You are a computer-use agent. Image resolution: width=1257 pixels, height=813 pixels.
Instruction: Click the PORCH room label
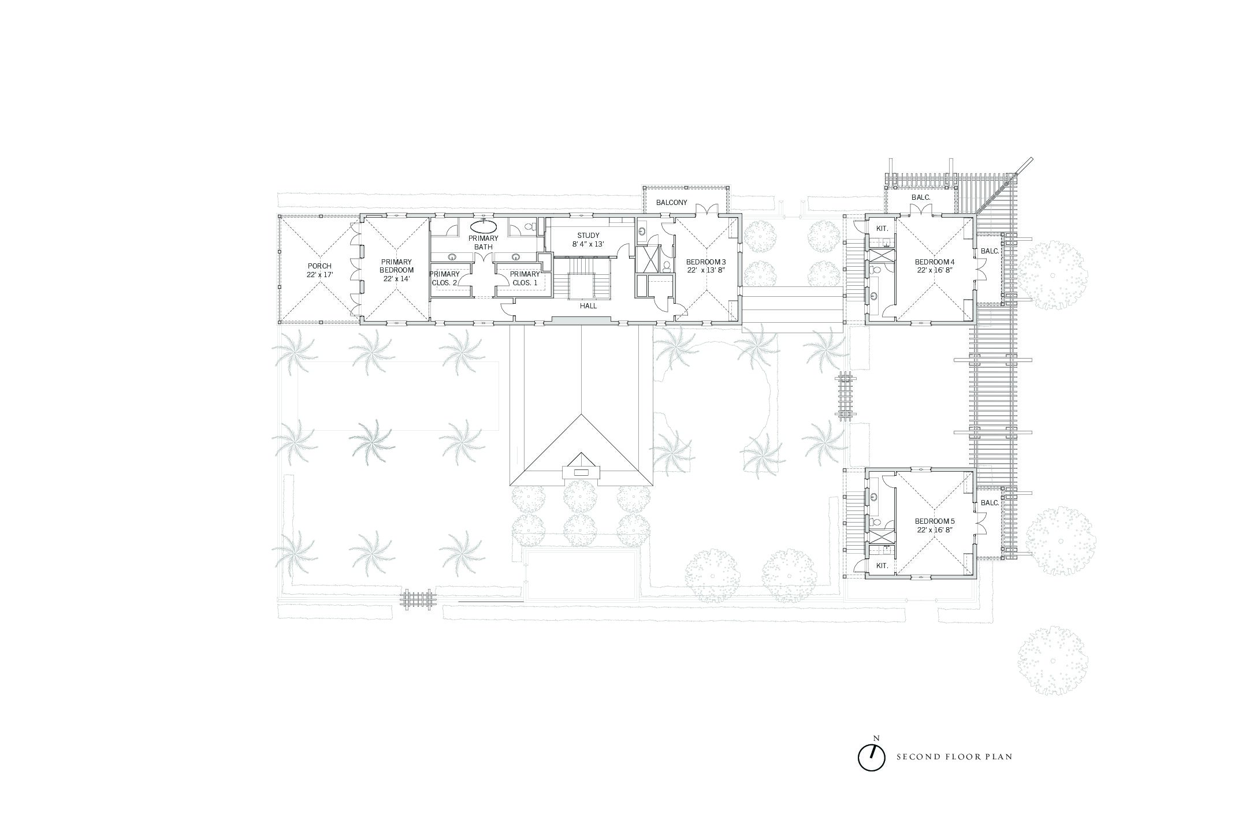319,266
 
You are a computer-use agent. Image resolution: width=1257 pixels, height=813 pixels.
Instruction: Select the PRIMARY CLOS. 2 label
445,278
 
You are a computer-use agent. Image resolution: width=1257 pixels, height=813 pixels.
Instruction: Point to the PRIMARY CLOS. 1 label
525,278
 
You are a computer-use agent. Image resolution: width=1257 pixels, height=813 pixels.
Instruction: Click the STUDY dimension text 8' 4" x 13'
589,245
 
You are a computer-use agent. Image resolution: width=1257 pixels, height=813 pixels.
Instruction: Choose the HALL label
589,306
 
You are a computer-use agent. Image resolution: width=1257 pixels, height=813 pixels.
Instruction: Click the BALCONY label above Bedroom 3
672,203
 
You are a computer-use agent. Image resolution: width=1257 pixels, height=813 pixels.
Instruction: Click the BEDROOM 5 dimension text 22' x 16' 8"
934,529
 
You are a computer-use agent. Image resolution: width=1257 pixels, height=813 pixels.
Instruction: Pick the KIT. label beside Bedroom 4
882,229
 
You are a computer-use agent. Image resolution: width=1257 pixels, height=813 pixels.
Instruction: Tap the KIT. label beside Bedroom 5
882,566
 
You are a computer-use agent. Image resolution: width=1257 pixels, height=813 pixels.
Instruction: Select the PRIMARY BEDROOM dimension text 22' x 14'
397,279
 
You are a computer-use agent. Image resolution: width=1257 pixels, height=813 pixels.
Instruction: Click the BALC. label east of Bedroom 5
990,503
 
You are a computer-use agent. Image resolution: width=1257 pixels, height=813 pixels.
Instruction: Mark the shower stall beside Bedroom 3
647,259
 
